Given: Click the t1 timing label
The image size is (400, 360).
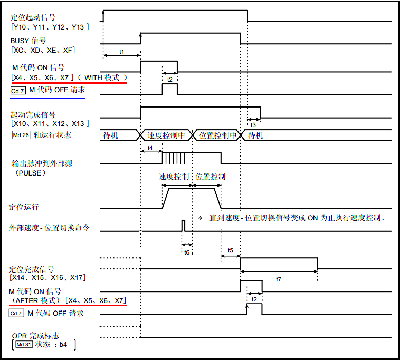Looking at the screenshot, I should [122, 51].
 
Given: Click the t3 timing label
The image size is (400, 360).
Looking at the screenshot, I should [254, 125].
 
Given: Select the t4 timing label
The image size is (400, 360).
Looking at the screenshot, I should [151, 148].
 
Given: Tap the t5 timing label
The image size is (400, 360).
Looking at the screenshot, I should [231, 250].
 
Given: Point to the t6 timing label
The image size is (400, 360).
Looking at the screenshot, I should [186, 252].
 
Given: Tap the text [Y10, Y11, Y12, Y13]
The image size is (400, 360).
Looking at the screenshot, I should [50, 26].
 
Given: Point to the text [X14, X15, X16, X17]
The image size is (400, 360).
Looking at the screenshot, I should [47, 277].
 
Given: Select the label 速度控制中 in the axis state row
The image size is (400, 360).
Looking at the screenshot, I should [166, 135].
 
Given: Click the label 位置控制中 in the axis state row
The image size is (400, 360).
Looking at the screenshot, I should [217, 135].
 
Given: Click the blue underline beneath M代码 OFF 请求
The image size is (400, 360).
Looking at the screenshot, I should [47, 98].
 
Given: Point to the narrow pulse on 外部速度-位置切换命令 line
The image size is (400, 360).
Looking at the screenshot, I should [184, 225].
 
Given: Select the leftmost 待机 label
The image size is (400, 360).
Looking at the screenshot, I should [111, 135].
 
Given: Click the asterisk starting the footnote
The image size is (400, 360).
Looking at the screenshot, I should [200, 218].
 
